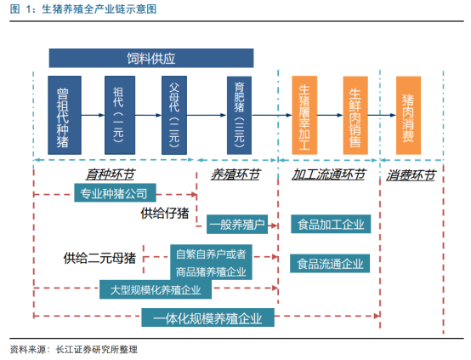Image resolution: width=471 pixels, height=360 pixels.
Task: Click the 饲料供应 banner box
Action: click(x=151, y=58)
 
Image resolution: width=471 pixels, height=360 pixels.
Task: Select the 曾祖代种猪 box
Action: click(x=65, y=115)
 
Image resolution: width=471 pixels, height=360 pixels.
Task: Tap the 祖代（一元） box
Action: click(x=120, y=115)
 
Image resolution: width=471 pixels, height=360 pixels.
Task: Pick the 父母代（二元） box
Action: click(x=174, y=115)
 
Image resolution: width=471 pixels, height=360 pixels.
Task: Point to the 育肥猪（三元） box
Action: click(x=239, y=115)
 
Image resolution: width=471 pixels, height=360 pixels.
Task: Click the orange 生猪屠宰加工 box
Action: click(x=304, y=115)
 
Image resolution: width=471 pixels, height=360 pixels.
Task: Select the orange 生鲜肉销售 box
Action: click(x=355, y=115)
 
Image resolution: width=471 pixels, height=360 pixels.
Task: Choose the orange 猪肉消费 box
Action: click(x=408, y=115)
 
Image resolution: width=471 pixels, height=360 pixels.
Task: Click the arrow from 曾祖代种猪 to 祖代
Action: click(x=93, y=115)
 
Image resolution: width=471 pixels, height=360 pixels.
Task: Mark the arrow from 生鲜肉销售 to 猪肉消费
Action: click(x=382, y=115)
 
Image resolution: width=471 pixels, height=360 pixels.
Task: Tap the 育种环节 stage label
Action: click(x=111, y=174)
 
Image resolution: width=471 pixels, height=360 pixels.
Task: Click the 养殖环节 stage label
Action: click(x=235, y=174)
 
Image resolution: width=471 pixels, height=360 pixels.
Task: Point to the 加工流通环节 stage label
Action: click(x=329, y=174)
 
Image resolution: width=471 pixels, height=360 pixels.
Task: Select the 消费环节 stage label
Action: click(x=411, y=175)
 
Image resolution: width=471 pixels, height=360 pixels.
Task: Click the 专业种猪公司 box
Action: click(x=115, y=193)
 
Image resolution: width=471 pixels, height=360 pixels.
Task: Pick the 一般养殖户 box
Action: click(x=237, y=225)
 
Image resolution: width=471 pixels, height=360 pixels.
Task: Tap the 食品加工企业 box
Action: click(x=331, y=224)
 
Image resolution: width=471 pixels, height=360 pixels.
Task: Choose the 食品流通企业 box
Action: click(x=330, y=264)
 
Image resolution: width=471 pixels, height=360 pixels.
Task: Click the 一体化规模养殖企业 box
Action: click(x=207, y=317)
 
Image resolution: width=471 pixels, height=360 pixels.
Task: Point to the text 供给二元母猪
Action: click(x=99, y=258)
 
